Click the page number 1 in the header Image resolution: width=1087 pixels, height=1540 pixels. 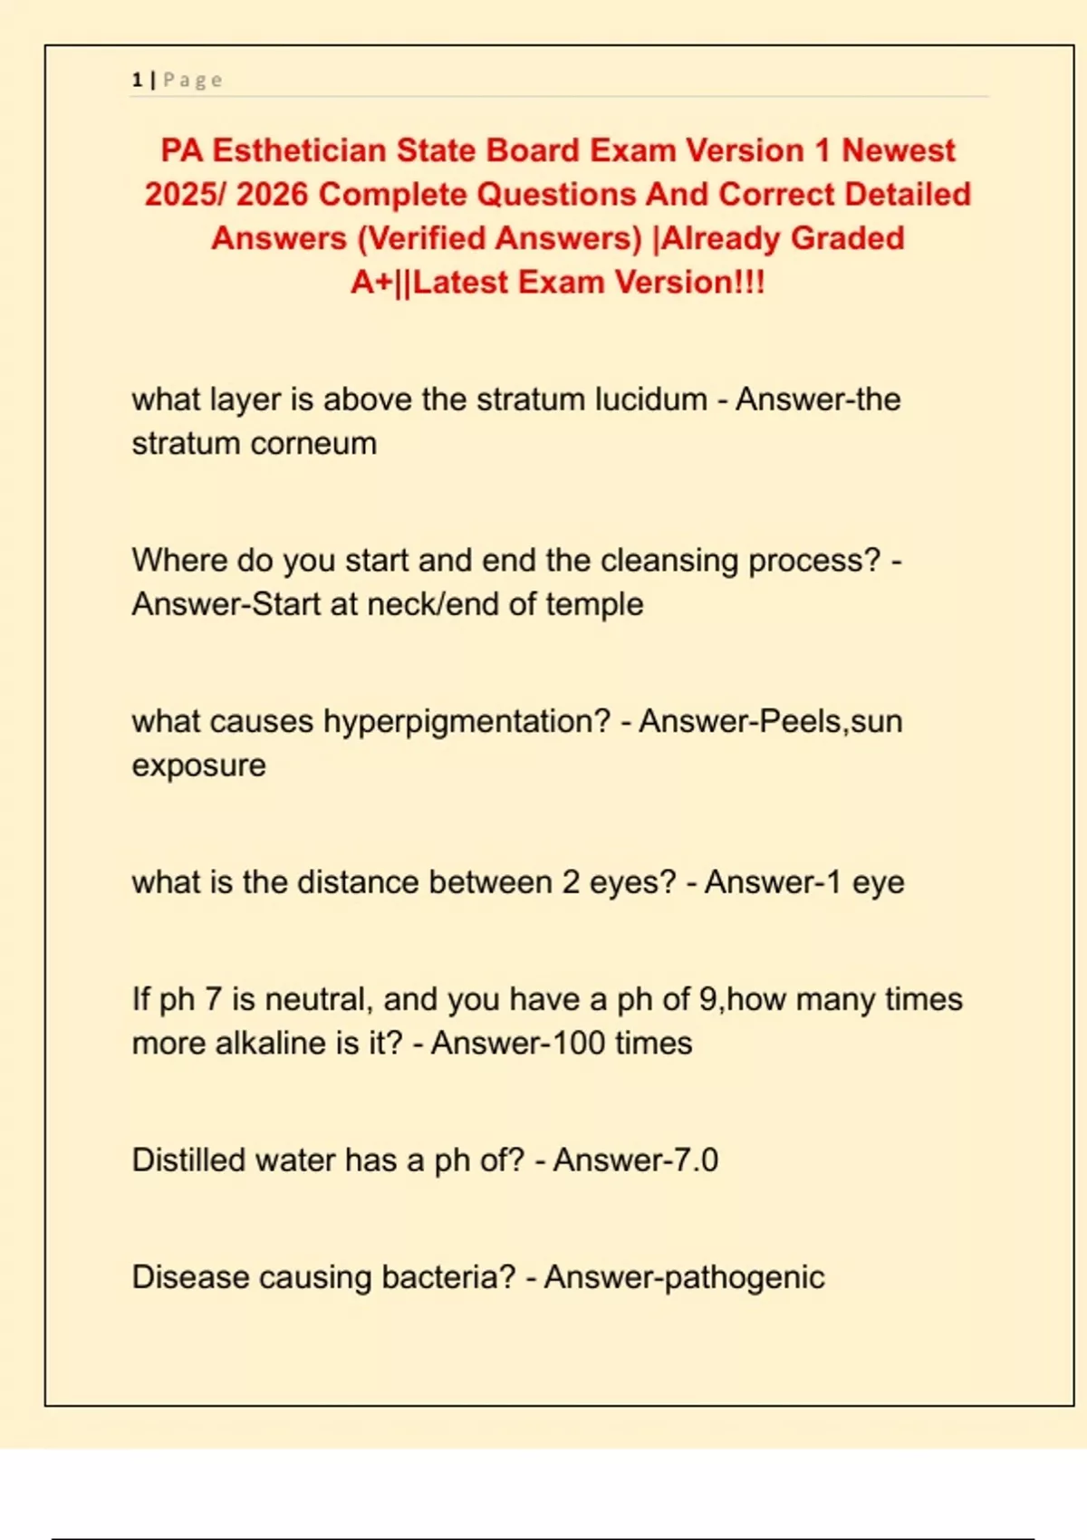[137, 80]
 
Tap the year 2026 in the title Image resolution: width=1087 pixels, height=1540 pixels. [272, 194]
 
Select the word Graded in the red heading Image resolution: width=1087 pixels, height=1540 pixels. [847, 238]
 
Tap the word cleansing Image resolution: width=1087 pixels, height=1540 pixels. [669, 561]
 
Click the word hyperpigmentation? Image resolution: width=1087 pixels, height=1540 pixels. [467, 722]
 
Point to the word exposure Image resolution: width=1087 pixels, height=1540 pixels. [198, 765]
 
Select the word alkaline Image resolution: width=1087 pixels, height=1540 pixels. [271, 1044]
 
